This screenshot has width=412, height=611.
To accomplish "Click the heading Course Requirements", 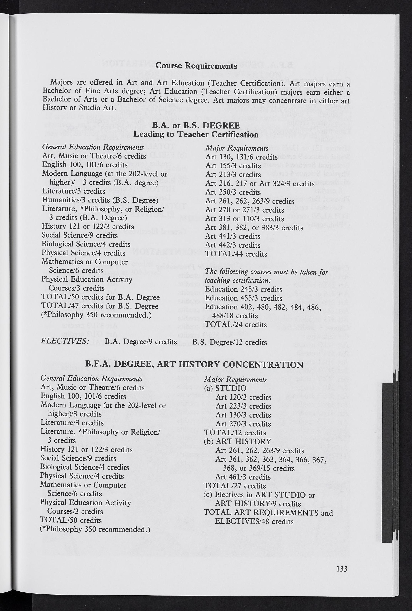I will pyautogui.click(x=196, y=65).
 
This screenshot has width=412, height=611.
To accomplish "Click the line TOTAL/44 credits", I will pyautogui.click(x=236, y=254).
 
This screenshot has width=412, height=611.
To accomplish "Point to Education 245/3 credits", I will pyautogui.click(x=243, y=289).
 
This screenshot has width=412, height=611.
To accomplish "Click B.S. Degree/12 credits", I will pyautogui.click(x=229, y=342).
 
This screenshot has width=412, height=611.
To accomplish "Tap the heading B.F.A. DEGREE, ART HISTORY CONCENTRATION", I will pyautogui.click(x=194, y=365).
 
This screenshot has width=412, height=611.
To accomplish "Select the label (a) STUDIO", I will pyautogui.click(x=225, y=388).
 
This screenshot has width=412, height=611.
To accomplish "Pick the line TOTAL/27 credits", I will pyautogui.click(x=235, y=486).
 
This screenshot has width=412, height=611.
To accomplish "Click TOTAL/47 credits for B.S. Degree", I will pyautogui.click(x=100, y=306).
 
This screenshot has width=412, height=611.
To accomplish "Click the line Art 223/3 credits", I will pyautogui.click(x=243, y=406).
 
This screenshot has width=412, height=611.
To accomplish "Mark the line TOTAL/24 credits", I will pyautogui.click(x=236, y=325).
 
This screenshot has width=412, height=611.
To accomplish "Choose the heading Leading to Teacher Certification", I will pyautogui.click(x=196, y=135).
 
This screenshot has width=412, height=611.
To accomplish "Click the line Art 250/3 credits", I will pyautogui.click(x=233, y=192).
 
